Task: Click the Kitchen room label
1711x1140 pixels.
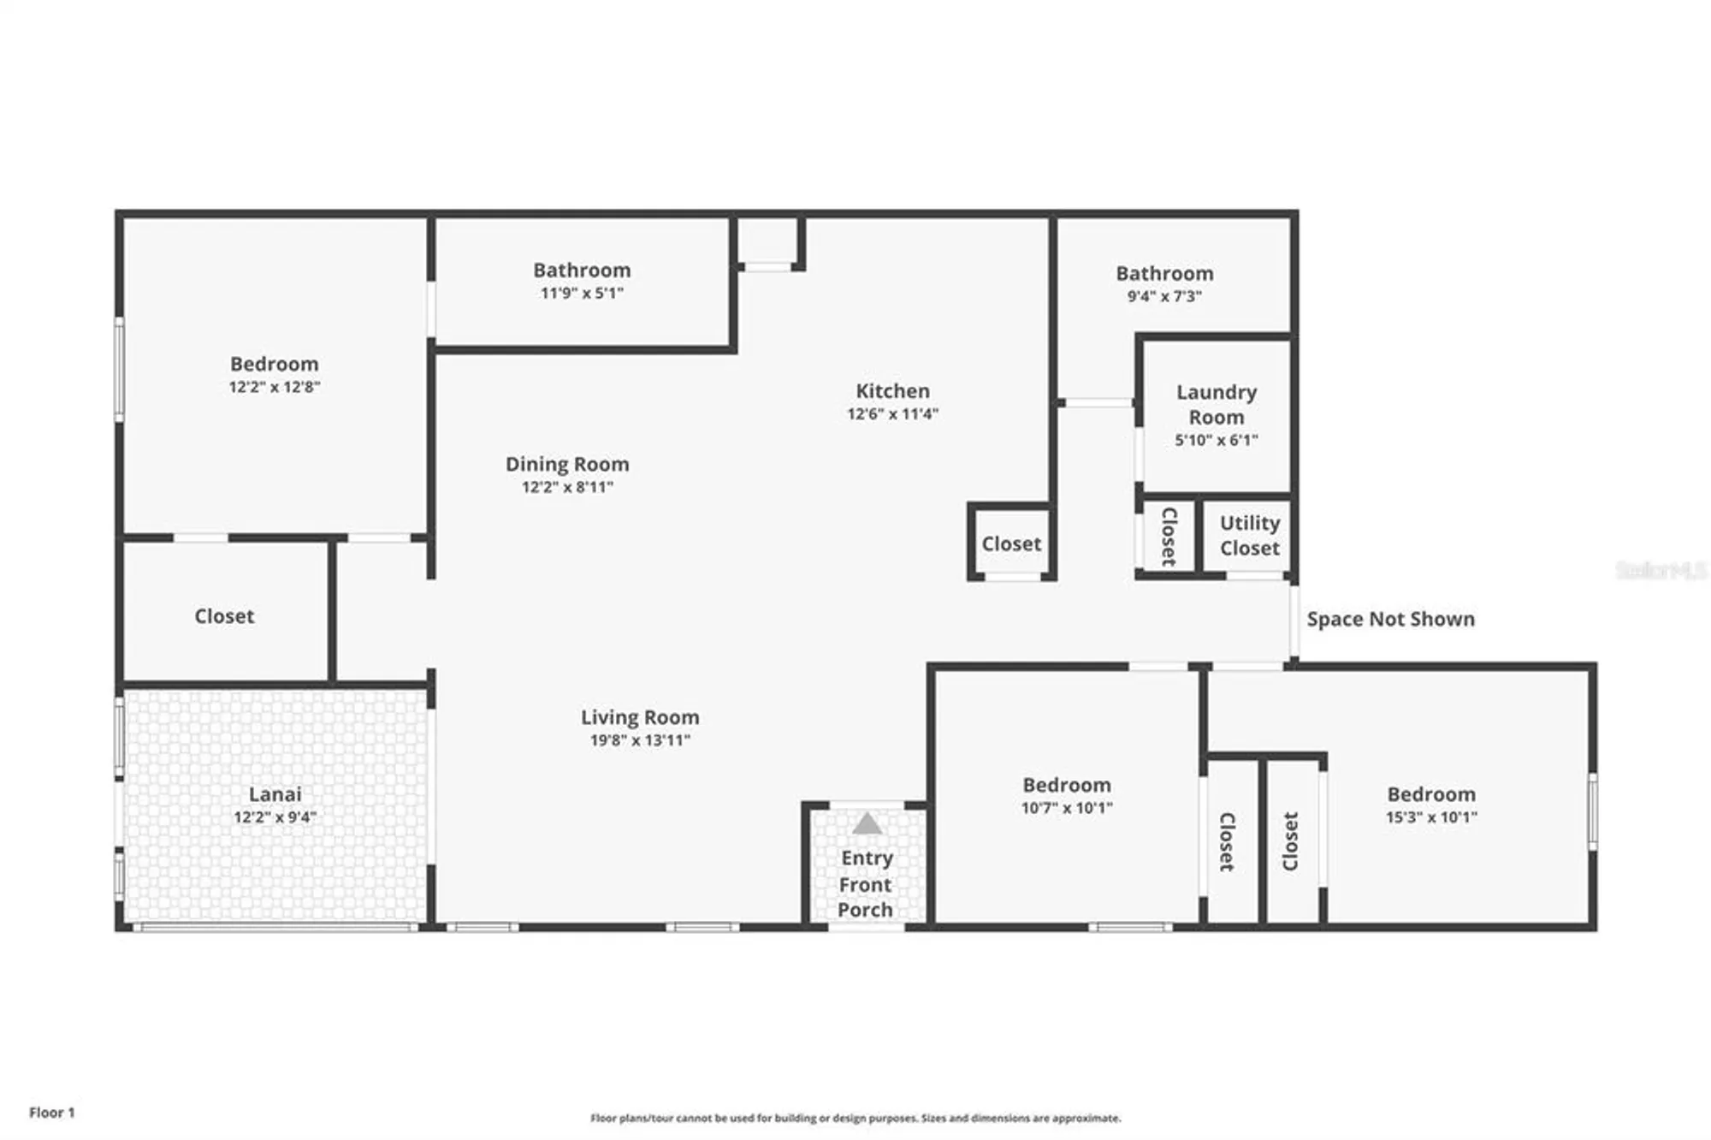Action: click(892, 391)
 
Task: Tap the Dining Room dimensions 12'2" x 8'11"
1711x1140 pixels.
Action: click(567, 487)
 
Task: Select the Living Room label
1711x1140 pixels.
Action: click(640, 717)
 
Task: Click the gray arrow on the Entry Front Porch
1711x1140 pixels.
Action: click(867, 824)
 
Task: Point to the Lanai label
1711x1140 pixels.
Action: click(275, 794)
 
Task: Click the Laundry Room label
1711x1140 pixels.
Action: click(1216, 405)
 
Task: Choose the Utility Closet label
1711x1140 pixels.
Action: click(1249, 535)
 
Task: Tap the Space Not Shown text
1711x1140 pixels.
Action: click(1390, 619)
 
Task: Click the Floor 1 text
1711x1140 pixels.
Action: click(52, 1113)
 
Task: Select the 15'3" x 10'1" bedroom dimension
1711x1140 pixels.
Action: click(1431, 817)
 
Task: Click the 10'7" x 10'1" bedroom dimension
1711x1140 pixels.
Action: click(1067, 808)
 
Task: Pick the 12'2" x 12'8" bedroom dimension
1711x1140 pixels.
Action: click(274, 387)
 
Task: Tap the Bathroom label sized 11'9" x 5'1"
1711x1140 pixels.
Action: click(582, 270)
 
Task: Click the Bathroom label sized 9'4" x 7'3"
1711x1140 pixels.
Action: click(1164, 274)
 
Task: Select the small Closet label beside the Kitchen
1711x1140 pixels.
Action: click(1011, 543)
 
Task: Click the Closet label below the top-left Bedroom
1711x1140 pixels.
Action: click(224, 616)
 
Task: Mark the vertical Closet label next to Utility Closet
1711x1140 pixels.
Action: click(1169, 537)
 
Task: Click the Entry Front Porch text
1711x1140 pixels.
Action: click(866, 884)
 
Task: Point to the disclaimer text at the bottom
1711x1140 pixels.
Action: click(855, 1118)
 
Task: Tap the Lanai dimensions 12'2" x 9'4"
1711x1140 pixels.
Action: click(275, 817)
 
